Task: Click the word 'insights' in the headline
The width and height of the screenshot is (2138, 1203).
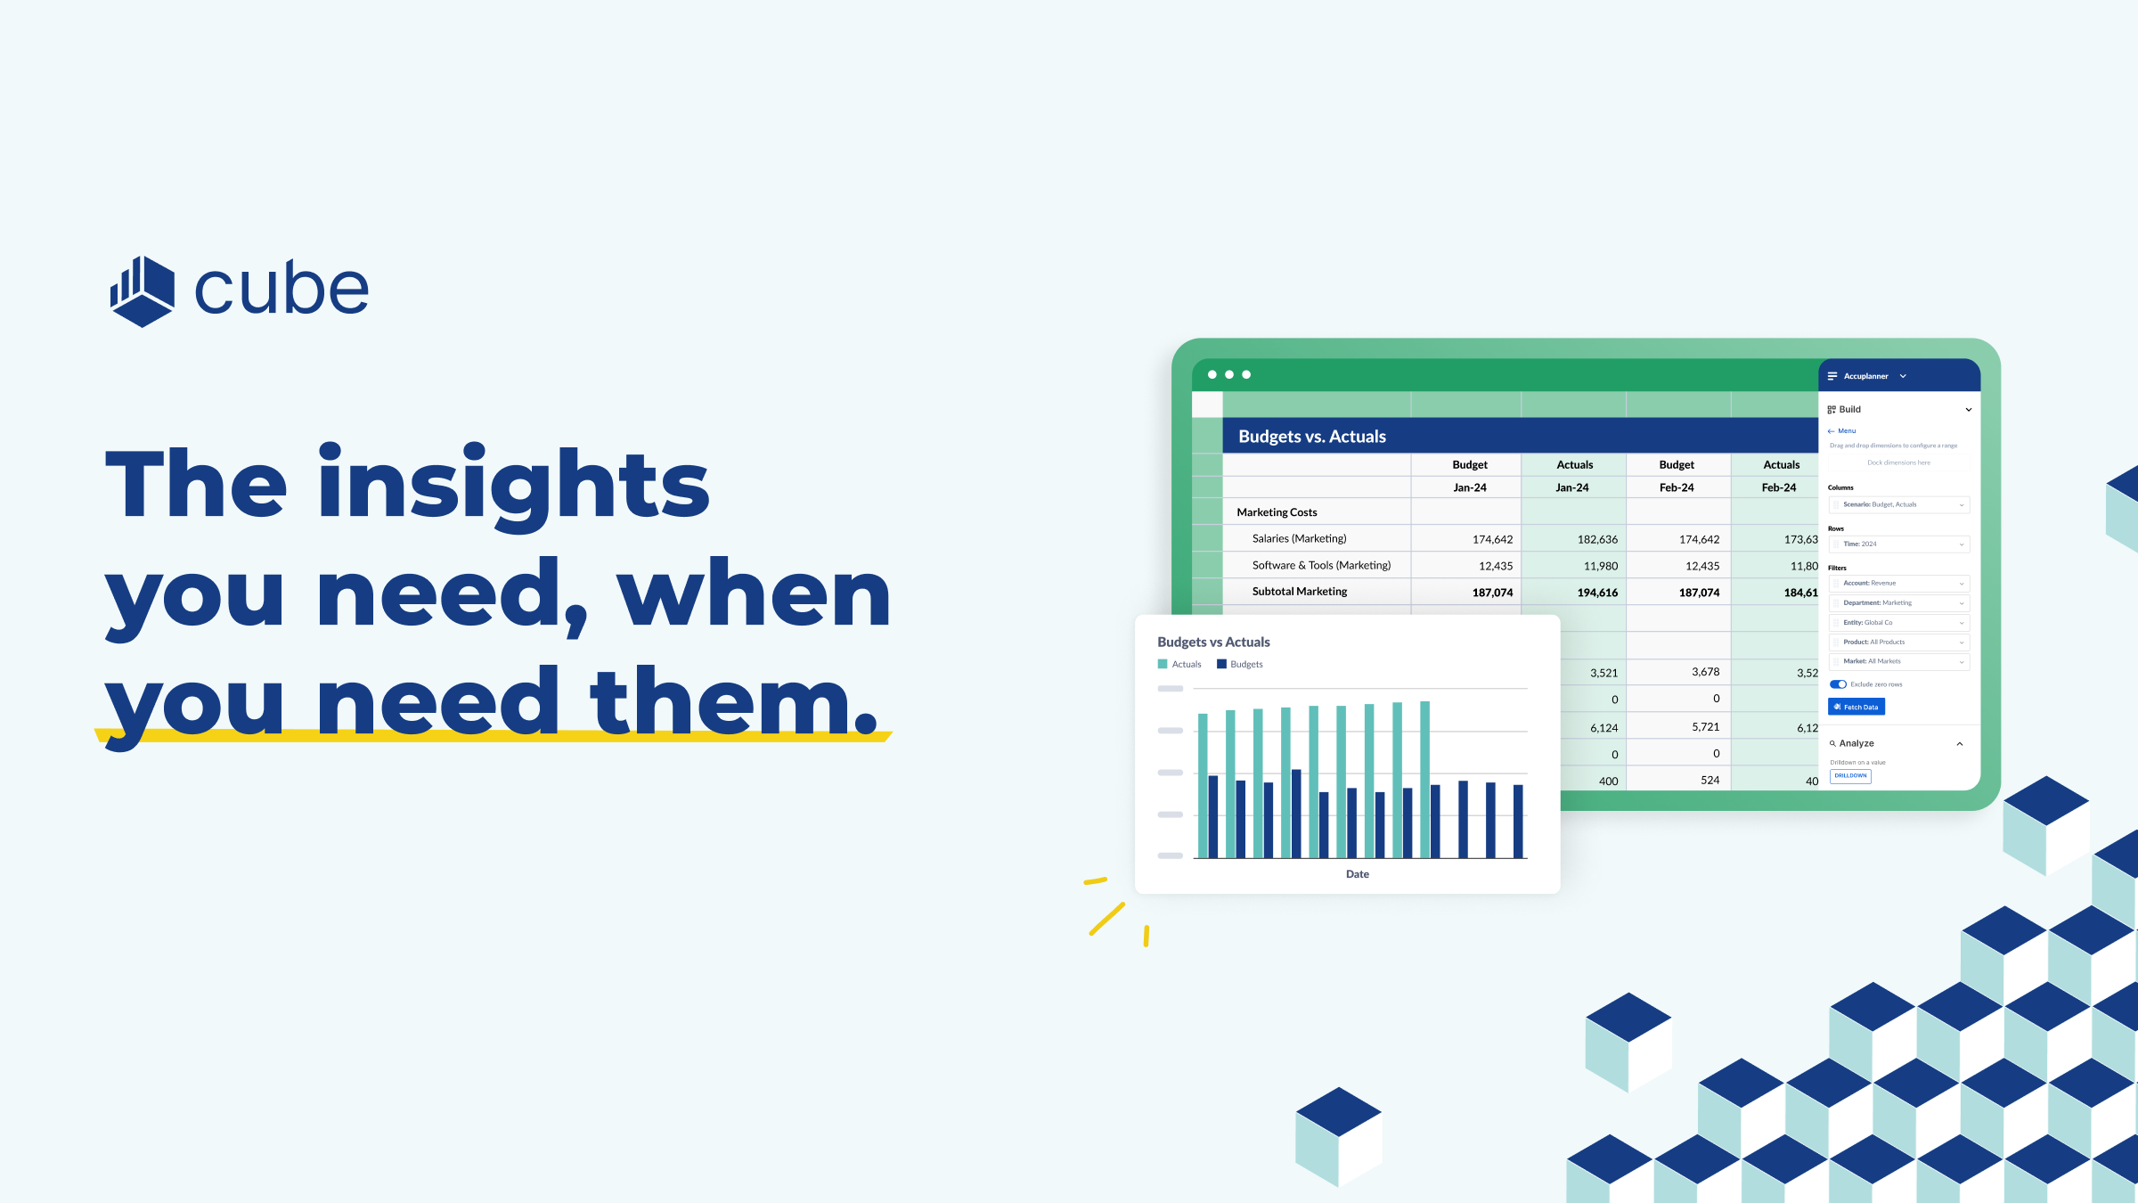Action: (x=513, y=486)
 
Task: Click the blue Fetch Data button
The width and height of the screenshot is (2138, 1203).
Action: (x=1856, y=707)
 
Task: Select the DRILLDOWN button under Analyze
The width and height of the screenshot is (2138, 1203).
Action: (x=1850, y=775)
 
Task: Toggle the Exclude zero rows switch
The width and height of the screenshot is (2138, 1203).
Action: (x=1838, y=684)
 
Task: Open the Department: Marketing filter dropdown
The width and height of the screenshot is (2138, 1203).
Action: (x=1898, y=603)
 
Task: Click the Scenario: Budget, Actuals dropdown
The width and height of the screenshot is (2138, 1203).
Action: (x=1898, y=505)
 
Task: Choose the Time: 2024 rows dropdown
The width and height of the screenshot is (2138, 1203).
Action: (x=1898, y=544)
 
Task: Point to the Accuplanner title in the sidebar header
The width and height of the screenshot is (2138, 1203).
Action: (x=1865, y=376)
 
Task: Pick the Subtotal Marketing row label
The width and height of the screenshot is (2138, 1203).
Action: (x=1299, y=592)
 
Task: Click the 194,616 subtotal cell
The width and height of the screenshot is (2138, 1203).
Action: (x=1596, y=593)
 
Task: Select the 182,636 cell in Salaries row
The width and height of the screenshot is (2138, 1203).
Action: (x=1596, y=539)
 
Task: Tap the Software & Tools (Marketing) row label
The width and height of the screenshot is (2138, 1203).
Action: (x=1320, y=565)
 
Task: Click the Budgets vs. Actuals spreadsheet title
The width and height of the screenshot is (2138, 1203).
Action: (x=1311, y=437)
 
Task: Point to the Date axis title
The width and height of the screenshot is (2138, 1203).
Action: (x=1357, y=874)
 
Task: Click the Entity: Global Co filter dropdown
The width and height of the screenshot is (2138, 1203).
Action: (x=1898, y=623)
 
